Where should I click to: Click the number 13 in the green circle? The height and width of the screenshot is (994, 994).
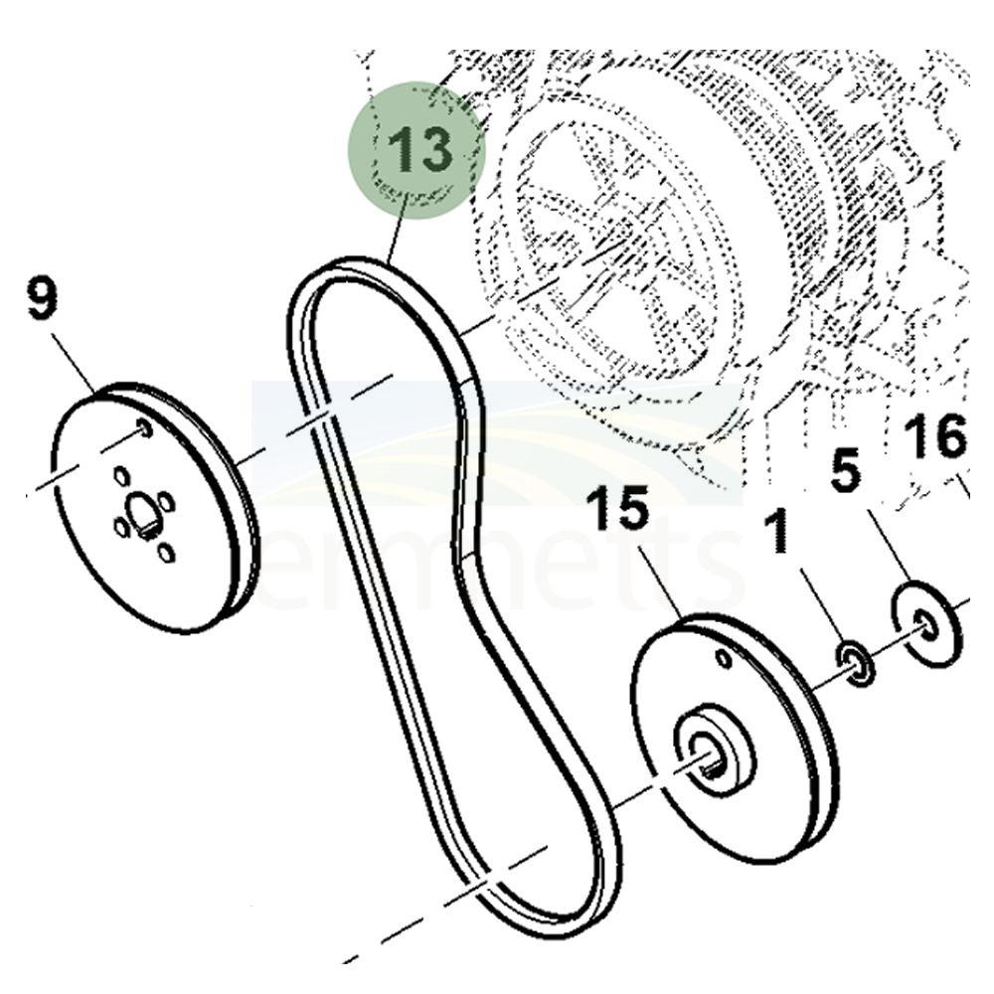pyautogui.click(x=418, y=150)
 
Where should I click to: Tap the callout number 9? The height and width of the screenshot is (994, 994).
pyautogui.click(x=42, y=300)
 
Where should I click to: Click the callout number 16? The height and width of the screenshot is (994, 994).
pyautogui.click(x=935, y=436)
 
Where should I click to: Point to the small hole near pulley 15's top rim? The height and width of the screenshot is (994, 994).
pyautogui.click(x=725, y=659)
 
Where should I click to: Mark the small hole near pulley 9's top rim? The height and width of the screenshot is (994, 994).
pyautogui.click(x=145, y=428)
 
